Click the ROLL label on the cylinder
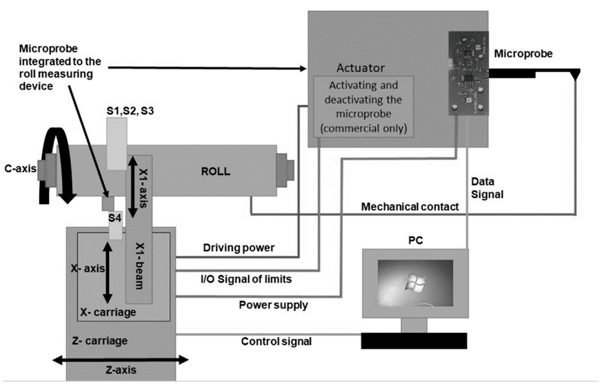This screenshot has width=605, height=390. (x=216, y=171)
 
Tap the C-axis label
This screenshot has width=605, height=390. (x=20, y=168)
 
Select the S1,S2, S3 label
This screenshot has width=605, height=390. (x=130, y=111)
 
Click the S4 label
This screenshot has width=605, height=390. (x=115, y=218)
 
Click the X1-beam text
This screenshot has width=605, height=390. (x=140, y=266)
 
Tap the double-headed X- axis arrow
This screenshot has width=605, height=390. (x=107, y=272)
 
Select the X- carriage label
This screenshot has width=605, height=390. (x=108, y=312)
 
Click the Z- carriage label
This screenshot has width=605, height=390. (x=100, y=341)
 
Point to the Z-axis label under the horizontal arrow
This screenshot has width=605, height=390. (x=121, y=370)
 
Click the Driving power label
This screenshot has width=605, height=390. (x=239, y=248)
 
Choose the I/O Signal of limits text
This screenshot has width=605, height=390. (x=246, y=279)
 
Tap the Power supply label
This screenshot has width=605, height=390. (x=273, y=305)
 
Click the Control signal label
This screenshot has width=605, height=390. (x=276, y=341)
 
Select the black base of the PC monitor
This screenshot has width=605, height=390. (x=414, y=341)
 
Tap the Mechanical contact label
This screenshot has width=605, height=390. (x=410, y=207)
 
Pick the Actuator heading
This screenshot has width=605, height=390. (x=360, y=68)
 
